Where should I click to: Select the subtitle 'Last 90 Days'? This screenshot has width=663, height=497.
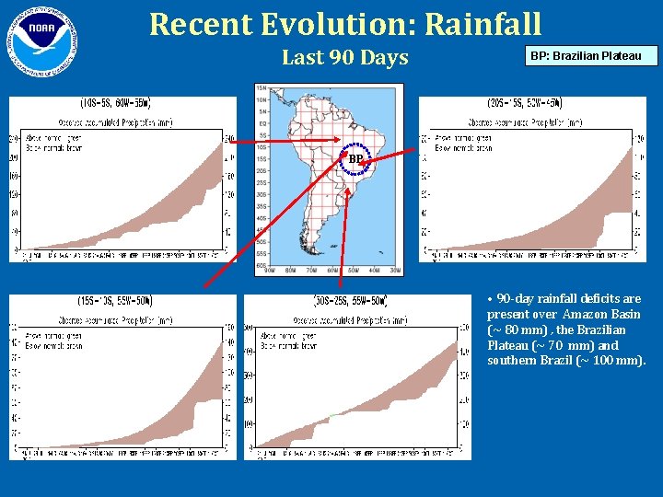(344, 57)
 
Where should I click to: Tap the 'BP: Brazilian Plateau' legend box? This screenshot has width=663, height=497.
(593, 56)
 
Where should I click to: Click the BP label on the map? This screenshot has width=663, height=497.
(355, 159)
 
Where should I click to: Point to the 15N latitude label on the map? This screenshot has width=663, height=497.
(261, 89)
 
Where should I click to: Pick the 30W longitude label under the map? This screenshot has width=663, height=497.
(394, 271)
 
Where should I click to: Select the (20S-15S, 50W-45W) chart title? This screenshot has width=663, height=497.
(525, 103)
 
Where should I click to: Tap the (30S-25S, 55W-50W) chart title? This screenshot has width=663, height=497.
(352, 301)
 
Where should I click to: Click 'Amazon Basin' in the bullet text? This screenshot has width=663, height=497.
(601, 314)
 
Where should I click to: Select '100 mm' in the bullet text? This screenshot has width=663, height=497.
(624, 360)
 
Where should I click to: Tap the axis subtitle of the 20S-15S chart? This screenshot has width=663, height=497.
(525, 121)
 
